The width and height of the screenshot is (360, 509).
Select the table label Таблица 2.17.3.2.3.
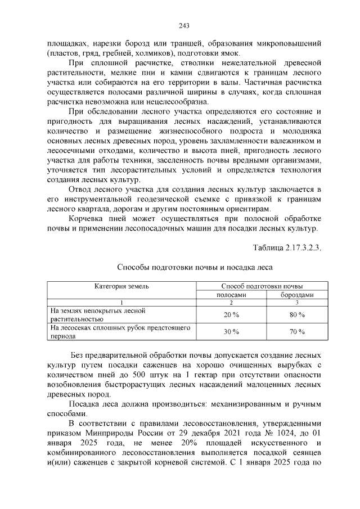click(x=287, y=247)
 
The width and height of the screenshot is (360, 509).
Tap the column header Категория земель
click(x=121, y=286)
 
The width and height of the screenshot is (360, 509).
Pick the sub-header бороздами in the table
click(x=297, y=295)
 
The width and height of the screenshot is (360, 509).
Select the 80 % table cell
click(x=297, y=314)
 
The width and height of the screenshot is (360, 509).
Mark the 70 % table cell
click(x=297, y=332)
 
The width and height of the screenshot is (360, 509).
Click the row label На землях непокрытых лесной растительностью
click(x=90, y=314)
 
